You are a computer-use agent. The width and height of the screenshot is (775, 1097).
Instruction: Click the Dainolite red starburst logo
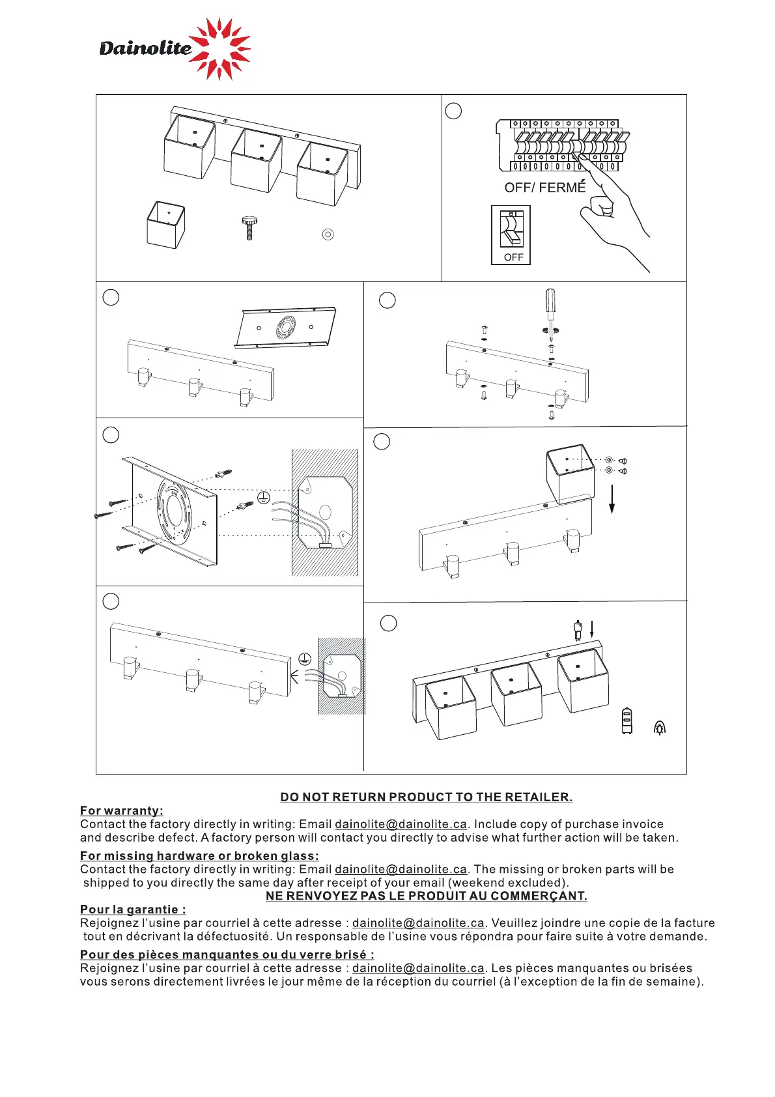(220, 49)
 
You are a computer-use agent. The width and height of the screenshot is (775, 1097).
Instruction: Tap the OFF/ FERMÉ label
(544, 188)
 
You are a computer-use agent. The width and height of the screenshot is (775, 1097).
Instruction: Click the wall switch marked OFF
(511, 235)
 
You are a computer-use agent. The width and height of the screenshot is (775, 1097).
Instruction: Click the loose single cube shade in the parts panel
(166, 224)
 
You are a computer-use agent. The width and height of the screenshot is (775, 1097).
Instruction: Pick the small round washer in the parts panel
(328, 234)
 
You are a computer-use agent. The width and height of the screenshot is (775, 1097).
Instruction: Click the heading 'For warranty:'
(122, 811)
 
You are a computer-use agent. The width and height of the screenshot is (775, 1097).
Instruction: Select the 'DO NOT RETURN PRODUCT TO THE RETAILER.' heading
(426, 797)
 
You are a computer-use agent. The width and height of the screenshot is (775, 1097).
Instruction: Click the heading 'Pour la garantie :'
(133, 909)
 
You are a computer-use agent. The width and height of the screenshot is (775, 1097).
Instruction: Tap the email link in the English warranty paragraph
(401, 825)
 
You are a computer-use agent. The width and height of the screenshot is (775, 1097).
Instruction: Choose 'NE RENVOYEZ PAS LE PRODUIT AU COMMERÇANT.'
(426, 896)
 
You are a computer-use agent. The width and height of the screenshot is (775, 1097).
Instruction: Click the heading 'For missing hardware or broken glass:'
(199, 856)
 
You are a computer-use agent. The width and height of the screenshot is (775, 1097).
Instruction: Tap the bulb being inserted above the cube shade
(577, 631)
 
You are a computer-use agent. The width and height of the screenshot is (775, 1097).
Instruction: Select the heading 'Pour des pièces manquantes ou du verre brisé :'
(227, 955)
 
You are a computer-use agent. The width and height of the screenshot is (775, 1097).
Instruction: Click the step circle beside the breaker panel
(453, 111)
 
